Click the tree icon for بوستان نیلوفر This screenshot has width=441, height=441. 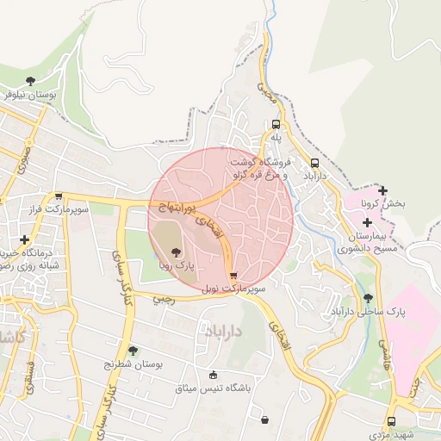click(x=31, y=81)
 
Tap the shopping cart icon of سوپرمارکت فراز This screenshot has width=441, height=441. click(x=59, y=196)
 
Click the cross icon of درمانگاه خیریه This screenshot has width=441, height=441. click(x=24, y=239)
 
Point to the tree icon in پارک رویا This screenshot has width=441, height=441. click(x=177, y=253)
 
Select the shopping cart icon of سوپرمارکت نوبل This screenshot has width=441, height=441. click(x=233, y=276)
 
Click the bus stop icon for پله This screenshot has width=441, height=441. click(x=276, y=124)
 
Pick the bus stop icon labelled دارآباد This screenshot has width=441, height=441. click(x=314, y=162)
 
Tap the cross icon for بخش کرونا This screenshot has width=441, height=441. click(x=383, y=190)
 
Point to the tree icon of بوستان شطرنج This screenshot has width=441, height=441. click(x=133, y=351)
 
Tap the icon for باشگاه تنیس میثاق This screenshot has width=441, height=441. click(x=214, y=375)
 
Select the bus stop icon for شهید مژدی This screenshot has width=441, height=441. click(x=392, y=421)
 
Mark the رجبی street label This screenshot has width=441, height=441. click(x=163, y=299)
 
